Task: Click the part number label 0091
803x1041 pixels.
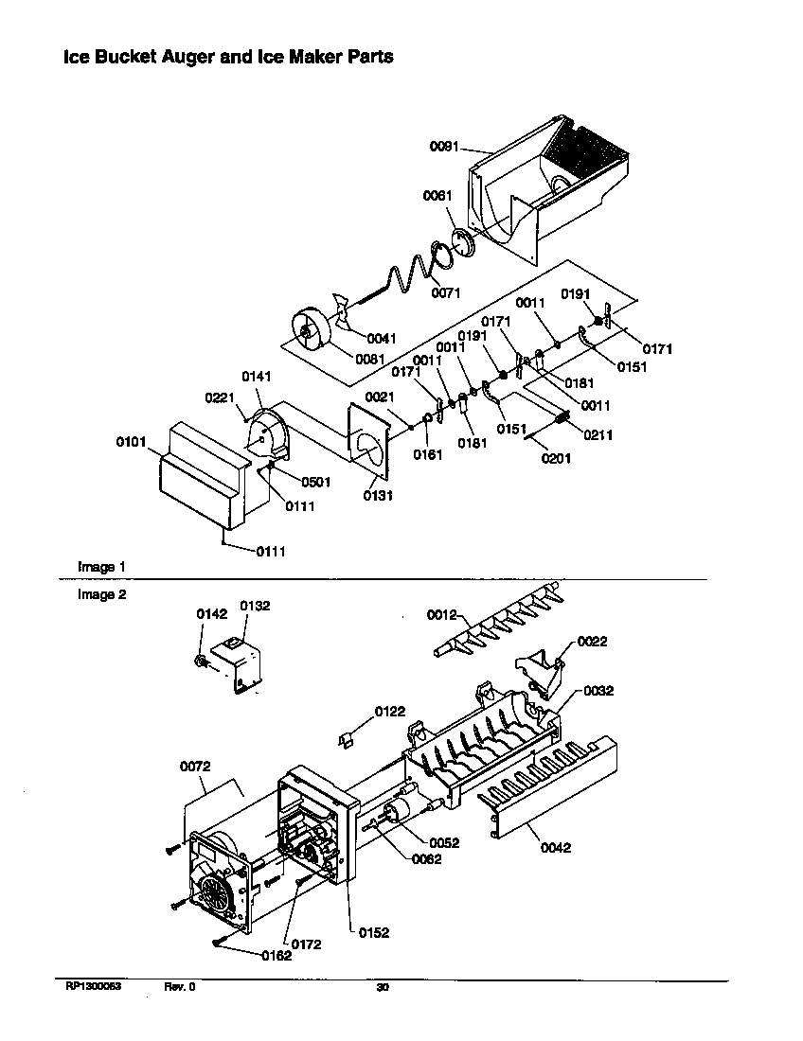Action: [x=444, y=147]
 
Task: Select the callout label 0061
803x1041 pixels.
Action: [x=437, y=196]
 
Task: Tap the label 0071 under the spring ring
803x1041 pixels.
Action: [x=445, y=293]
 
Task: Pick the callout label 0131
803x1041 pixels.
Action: [x=379, y=495]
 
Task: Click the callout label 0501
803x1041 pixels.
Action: [x=316, y=482]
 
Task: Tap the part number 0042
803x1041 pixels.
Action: [x=556, y=847]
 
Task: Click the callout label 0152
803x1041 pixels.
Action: [x=373, y=932]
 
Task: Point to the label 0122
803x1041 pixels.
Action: [x=389, y=711]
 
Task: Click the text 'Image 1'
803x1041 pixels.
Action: [x=101, y=566]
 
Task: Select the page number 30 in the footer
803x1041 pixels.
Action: [x=383, y=987]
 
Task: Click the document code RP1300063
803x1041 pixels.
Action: [x=94, y=987]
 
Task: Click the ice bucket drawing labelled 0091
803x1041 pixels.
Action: [x=549, y=189]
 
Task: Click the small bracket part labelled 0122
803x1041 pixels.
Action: [x=348, y=739]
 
